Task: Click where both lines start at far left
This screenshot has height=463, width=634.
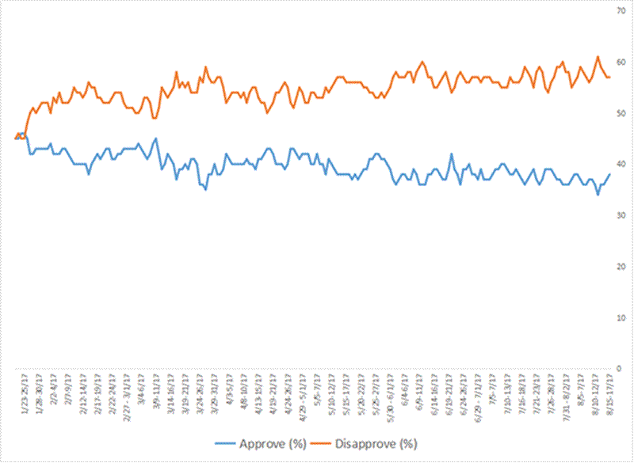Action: pyautogui.click(x=17, y=136)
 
